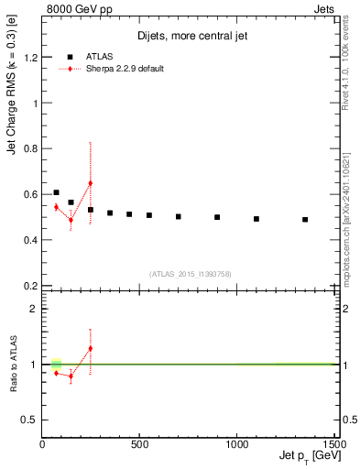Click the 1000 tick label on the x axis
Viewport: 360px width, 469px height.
tap(236, 445)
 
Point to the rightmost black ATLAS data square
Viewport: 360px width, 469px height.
tap(305, 220)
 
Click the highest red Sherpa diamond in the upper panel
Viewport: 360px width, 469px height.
tap(90, 183)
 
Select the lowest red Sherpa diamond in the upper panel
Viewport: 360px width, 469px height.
tap(71, 219)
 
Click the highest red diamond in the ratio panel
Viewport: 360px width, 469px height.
tap(90, 348)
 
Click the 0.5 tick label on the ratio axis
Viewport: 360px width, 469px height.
tap(30, 420)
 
